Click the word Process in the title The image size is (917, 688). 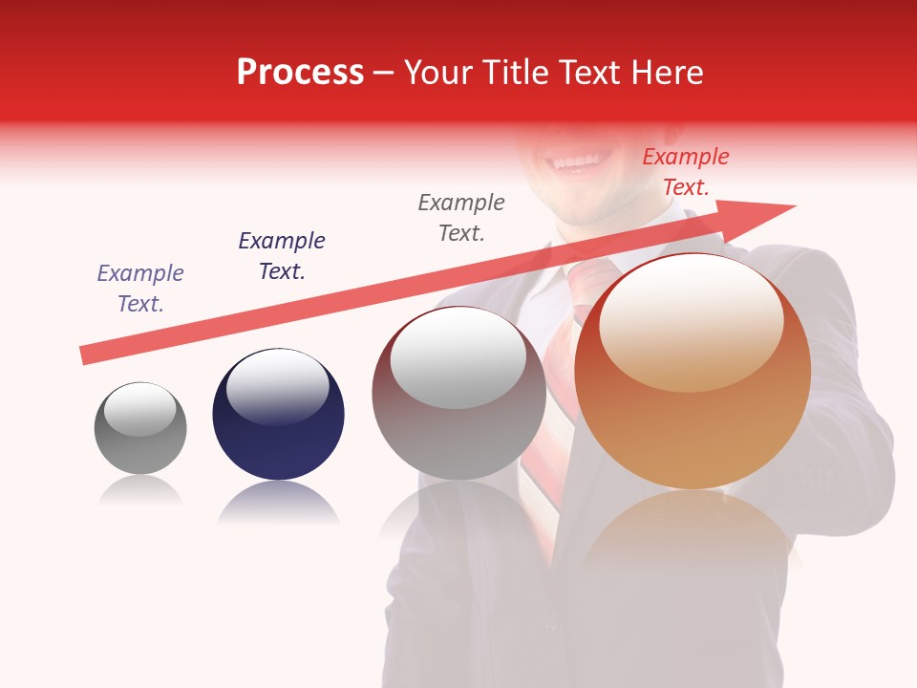(x=300, y=73)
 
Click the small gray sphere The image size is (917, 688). (x=140, y=429)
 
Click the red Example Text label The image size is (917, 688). (x=686, y=172)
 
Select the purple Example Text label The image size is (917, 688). (x=140, y=288)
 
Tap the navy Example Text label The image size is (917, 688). (x=282, y=255)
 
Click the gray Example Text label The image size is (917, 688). (x=461, y=217)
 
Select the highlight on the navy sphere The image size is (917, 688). (x=277, y=385)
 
